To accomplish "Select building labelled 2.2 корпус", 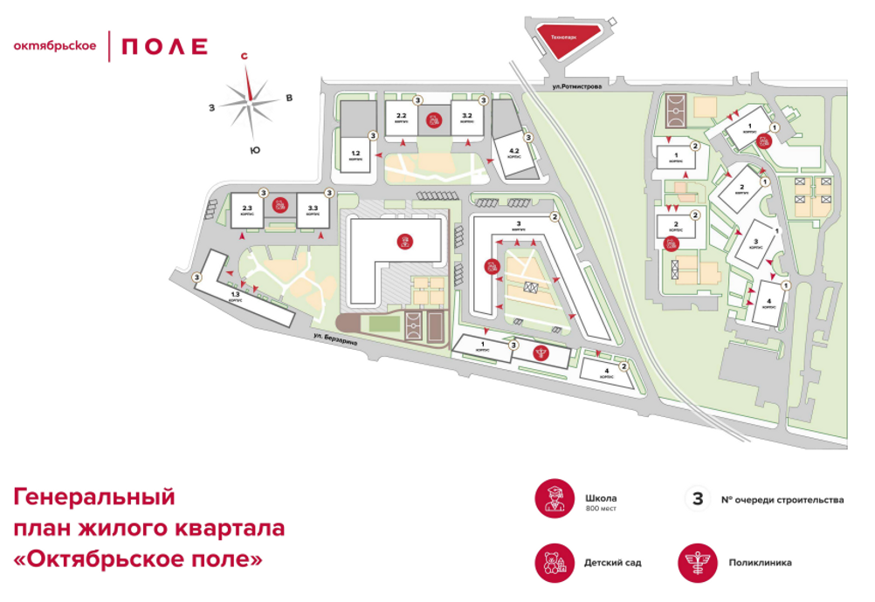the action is click(402, 119).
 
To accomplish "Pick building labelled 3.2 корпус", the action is click(466, 119).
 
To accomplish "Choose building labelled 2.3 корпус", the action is click(247, 210).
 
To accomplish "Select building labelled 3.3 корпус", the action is click(312, 210).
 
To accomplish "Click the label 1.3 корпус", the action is click(235, 297).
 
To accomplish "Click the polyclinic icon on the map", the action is click(542, 353).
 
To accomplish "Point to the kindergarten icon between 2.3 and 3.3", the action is click(279, 206).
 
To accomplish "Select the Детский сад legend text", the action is click(612, 563).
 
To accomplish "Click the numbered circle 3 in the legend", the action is click(697, 500).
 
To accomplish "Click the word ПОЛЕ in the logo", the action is click(163, 46).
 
